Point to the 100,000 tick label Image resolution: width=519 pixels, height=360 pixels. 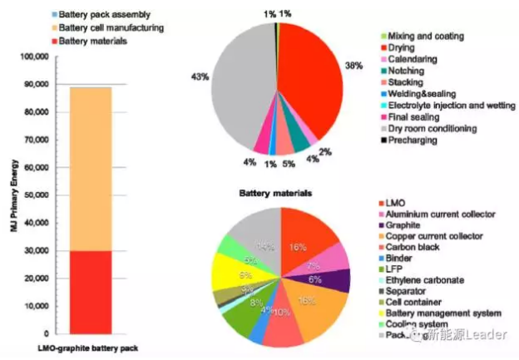point(34,57)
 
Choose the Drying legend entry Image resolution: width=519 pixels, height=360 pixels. point(407,49)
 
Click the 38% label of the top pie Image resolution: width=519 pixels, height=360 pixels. point(353,65)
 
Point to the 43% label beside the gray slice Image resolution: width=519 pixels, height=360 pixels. point(200,77)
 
